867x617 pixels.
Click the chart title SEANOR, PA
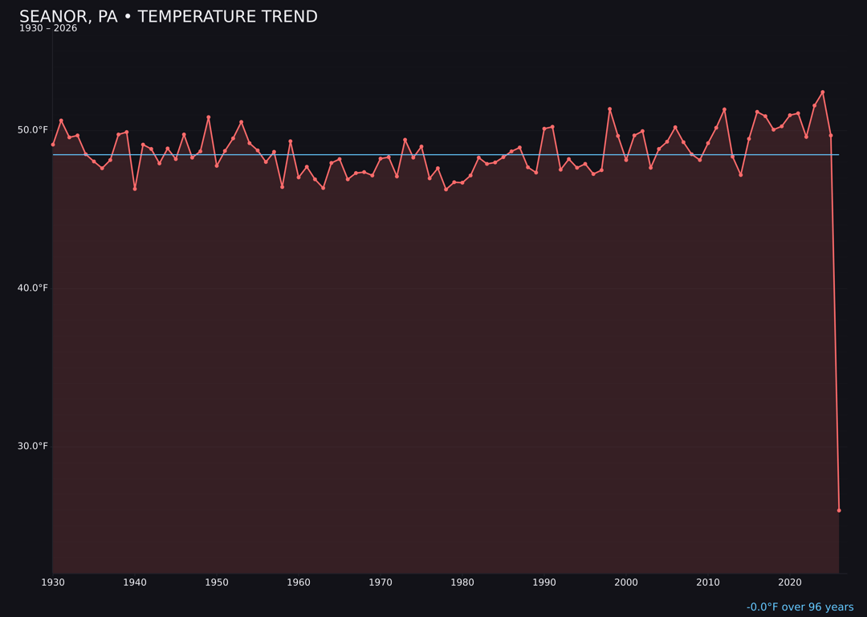point(68,17)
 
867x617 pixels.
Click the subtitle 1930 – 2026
point(48,29)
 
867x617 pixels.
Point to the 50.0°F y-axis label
point(33,130)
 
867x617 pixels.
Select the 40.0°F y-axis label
point(33,288)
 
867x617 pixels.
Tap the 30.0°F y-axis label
point(33,447)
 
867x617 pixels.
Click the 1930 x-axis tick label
point(53,582)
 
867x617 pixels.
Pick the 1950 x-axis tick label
point(217,582)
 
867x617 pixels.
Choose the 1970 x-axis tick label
point(381,582)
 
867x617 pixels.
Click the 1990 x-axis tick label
point(544,582)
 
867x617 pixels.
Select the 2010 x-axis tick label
point(708,582)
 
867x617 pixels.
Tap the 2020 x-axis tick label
point(790,582)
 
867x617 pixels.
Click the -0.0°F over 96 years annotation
point(800,607)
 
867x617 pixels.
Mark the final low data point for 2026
point(839,510)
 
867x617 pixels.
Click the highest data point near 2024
point(822,92)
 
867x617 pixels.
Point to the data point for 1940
point(135,189)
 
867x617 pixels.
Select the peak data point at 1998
point(609,109)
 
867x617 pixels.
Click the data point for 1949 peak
point(209,117)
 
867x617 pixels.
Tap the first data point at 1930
point(53,145)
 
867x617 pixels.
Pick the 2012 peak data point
point(724,109)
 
